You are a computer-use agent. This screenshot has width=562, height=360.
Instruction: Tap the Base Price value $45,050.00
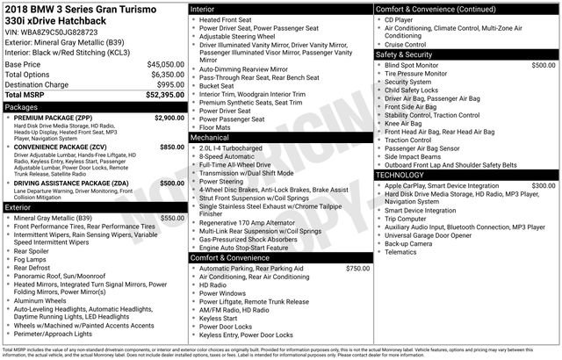(x=166, y=65)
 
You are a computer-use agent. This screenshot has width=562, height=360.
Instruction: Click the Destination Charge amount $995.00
(x=169, y=84)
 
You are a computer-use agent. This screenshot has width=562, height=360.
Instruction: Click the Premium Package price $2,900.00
(x=168, y=118)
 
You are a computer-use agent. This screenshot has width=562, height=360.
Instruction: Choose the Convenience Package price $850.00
(x=171, y=148)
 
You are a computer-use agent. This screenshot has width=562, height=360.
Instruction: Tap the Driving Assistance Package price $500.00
(x=171, y=184)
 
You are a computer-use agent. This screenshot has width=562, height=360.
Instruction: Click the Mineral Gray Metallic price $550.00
(x=171, y=218)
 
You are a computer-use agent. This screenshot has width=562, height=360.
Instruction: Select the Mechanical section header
(x=210, y=138)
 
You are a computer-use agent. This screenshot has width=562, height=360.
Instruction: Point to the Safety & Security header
(x=404, y=54)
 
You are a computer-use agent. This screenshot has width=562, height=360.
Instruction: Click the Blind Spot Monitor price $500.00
(x=542, y=65)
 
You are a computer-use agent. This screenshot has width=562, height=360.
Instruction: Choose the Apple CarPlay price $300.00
(x=542, y=186)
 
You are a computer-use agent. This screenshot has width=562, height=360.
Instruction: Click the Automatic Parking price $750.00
(x=357, y=268)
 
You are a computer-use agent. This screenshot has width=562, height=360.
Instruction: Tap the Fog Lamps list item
(x=32, y=260)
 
